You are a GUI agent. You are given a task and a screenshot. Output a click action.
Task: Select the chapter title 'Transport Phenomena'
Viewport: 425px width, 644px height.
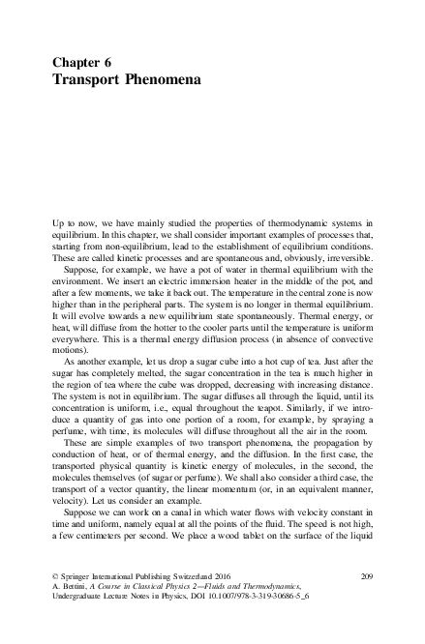click(126, 79)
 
